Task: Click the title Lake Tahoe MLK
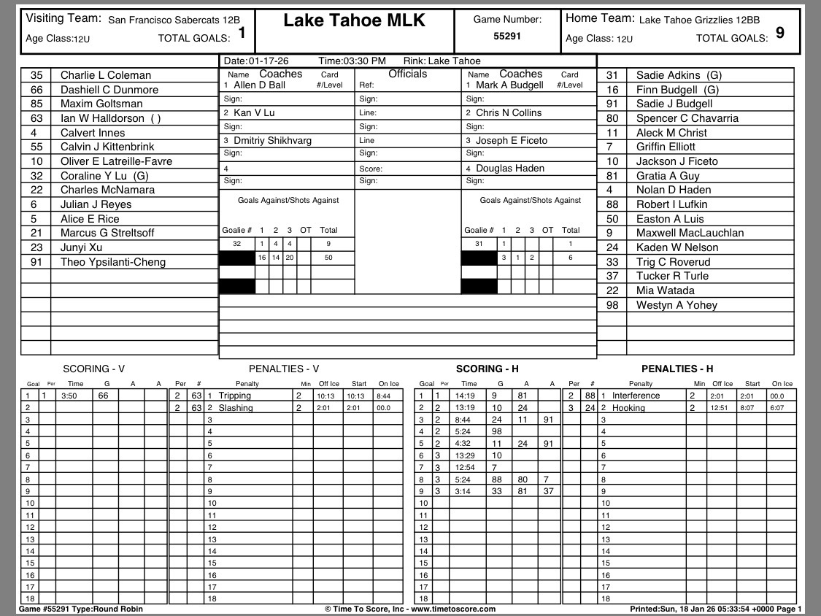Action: (354, 20)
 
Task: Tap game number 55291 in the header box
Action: (507, 35)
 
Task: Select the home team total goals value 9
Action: (780, 32)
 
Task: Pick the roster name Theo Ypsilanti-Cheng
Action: (112, 262)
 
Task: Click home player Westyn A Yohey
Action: (677, 305)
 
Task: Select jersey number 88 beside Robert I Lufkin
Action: (612, 204)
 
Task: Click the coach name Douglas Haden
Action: (510, 168)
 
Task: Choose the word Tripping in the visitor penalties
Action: (234, 396)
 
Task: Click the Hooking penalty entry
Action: (628, 408)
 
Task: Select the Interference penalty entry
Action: (636, 396)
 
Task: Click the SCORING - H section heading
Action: (487, 369)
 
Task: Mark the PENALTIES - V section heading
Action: (284, 369)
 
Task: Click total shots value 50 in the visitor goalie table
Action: (328, 258)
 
